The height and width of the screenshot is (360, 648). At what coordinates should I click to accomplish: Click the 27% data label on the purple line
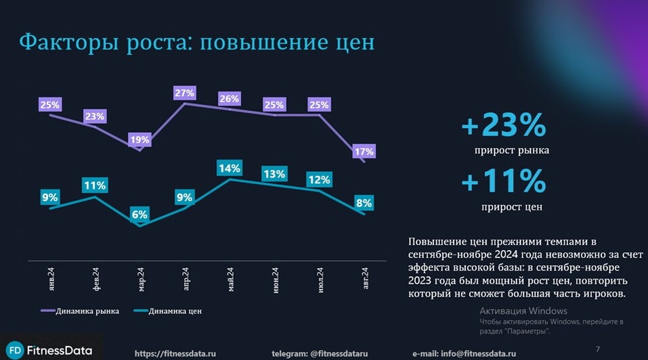(x=185, y=93)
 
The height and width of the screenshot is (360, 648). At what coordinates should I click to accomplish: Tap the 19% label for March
(x=139, y=140)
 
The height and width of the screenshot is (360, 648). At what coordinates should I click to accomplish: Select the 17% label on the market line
(x=364, y=152)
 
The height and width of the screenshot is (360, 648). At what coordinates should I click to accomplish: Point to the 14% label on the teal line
(x=230, y=168)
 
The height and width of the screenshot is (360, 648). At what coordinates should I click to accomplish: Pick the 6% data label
(x=139, y=215)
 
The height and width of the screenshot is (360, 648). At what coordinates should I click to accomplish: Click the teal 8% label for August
(x=364, y=203)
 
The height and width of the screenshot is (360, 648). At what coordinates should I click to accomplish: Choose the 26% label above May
(x=230, y=99)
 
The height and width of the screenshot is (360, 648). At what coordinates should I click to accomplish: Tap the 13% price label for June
(x=274, y=174)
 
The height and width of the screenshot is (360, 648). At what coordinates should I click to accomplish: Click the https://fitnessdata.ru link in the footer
(x=175, y=353)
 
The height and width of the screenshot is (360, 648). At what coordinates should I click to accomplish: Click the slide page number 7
(x=597, y=349)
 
